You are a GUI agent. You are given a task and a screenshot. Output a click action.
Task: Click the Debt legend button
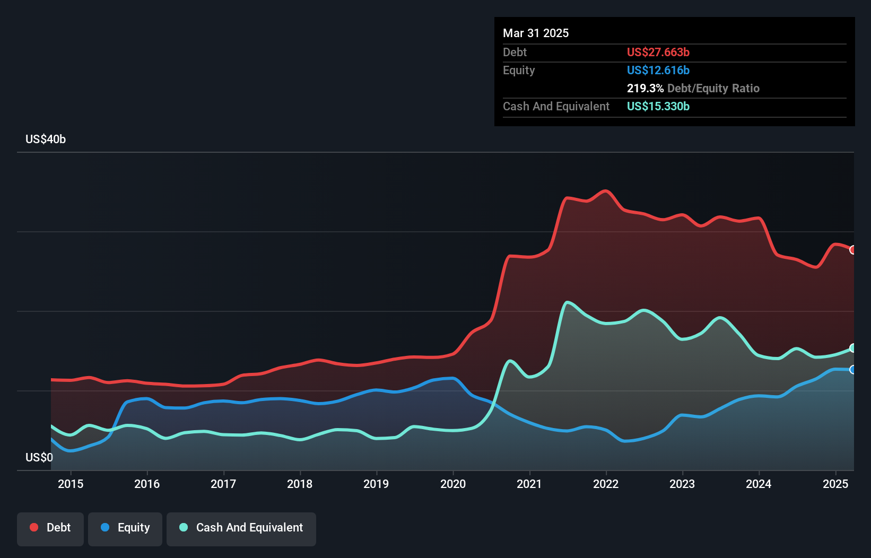pyautogui.click(x=50, y=528)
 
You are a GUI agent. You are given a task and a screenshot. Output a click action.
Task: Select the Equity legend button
pyautogui.click(x=125, y=528)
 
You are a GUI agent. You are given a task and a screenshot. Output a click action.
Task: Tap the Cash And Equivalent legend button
pyautogui.click(x=241, y=528)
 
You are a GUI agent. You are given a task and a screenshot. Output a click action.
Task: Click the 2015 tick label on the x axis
pyautogui.click(x=71, y=484)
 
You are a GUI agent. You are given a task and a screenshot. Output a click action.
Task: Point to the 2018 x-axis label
pyautogui.click(x=300, y=484)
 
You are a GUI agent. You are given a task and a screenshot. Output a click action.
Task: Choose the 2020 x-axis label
pyautogui.click(x=453, y=484)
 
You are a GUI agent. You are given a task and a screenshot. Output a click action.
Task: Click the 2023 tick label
pyautogui.click(x=682, y=484)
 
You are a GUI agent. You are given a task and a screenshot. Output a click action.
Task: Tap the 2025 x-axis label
pyautogui.click(x=835, y=484)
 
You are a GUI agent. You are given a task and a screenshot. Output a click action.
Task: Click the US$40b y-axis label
pyautogui.click(x=46, y=139)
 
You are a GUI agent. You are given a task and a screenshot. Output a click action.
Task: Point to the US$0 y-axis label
pyautogui.click(x=39, y=458)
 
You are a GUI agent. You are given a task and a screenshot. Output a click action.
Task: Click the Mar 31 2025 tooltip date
pyautogui.click(x=536, y=33)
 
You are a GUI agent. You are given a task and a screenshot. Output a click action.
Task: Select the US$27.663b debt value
pyautogui.click(x=658, y=53)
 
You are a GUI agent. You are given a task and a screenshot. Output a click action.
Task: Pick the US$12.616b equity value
pyautogui.click(x=658, y=71)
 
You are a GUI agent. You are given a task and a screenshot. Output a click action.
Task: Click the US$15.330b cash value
pyautogui.click(x=658, y=107)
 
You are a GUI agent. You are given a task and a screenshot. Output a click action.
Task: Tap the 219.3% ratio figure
pyautogui.click(x=645, y=89)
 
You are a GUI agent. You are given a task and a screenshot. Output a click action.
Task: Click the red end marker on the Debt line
pyautogui.click(x=853, y=250)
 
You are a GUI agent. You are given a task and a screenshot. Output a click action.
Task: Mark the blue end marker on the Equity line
pyautogui.click(x=853, y=370)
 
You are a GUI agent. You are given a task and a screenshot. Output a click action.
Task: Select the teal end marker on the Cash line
pyautogui.click(x=853, y=348)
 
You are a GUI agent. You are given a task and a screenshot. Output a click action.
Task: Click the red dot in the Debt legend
pyautogui.click(x=34, y=527)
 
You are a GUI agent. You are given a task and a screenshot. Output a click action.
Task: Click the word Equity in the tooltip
pyautogui.click(x=519, y=71)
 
